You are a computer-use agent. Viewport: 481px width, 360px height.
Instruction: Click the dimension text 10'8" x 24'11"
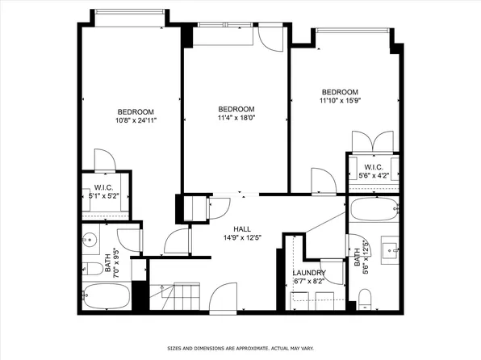click(x=136, y=120)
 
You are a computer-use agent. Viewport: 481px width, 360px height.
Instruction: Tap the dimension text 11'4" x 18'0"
click(x=236, y=118)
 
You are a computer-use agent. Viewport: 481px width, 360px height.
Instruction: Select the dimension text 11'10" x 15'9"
click(x=339, y=102)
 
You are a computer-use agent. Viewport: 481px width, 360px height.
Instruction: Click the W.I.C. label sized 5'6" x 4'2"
click(x=371, y=166)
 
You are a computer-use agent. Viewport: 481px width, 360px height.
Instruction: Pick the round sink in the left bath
click(x=90, y=239)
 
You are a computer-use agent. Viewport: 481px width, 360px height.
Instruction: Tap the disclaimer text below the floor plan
click(x=240, y=349)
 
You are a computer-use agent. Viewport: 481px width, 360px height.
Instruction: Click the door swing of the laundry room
click(x=332, y=271)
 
